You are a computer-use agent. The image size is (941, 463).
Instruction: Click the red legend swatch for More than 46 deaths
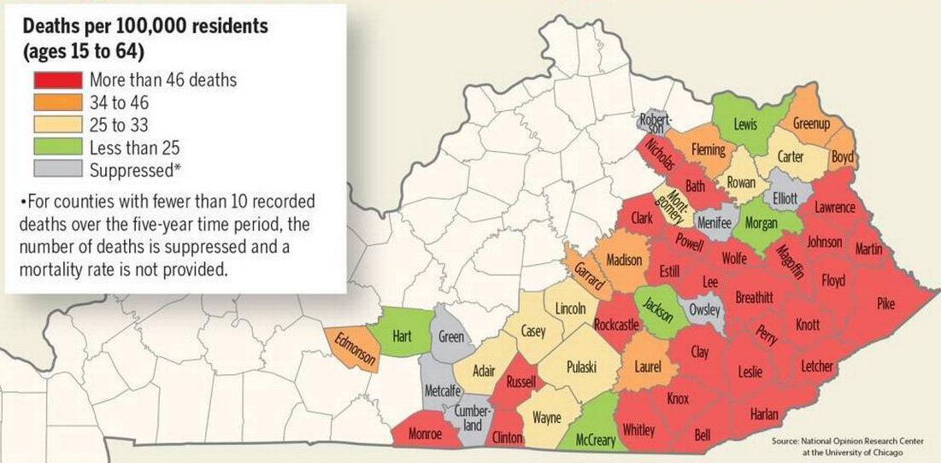[58, 80]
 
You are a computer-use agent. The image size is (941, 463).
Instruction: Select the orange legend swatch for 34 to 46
[58, 103]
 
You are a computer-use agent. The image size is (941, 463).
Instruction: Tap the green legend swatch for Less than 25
[58, 147]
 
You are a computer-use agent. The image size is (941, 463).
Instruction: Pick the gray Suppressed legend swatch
[58, 169]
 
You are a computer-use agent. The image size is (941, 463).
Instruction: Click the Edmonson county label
[354, 349]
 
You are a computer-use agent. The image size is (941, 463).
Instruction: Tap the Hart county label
[403, 337]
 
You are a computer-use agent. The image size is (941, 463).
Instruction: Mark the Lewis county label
[745, 125]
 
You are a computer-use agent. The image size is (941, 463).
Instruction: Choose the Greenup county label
[811, 124]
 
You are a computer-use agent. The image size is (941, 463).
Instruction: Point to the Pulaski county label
[581, 366]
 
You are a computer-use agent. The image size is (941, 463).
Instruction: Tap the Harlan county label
[764, 414]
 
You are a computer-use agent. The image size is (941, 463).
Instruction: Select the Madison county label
[623, 260]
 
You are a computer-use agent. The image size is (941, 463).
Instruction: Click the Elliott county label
[785, 197]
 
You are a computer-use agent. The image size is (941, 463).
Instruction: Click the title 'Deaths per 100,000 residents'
[145, 26]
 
